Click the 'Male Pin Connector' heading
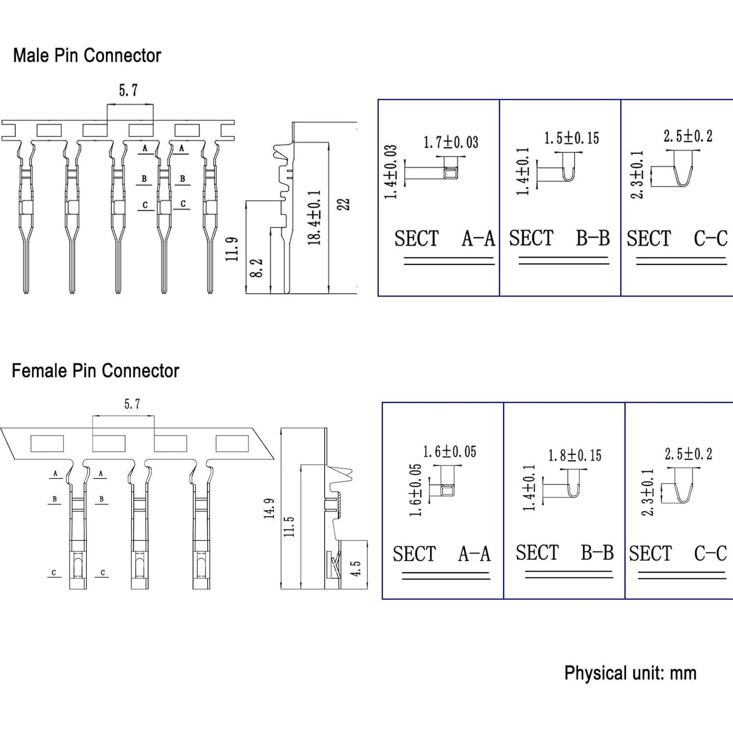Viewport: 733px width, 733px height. tap(87, 55)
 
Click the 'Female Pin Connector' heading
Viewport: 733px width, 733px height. tap(95, 371)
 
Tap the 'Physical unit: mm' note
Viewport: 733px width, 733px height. tap(630, 673)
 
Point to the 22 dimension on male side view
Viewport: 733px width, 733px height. tap(344, 204)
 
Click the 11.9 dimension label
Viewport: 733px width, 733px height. tap(232, 249)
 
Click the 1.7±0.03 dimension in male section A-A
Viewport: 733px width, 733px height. tap(451, 143)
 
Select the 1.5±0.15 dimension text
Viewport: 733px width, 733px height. tap(572, 138)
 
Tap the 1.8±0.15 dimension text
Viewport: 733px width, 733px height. tap(575, 455)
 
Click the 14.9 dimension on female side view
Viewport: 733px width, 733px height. tap(269, 508)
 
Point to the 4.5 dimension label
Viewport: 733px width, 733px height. tap(356, 569)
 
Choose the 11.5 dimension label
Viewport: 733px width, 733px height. tap(289, 526)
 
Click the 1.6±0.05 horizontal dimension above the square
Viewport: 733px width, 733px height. tap(450, 452)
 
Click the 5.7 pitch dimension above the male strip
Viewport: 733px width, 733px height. tap(128, 90)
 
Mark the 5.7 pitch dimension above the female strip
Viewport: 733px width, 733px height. tap(132, 404)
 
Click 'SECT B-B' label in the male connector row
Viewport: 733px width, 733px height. tap(559, 238)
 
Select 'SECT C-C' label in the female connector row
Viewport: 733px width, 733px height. tap(678, 554)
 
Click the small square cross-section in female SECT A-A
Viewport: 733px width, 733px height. tap(448, 490)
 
